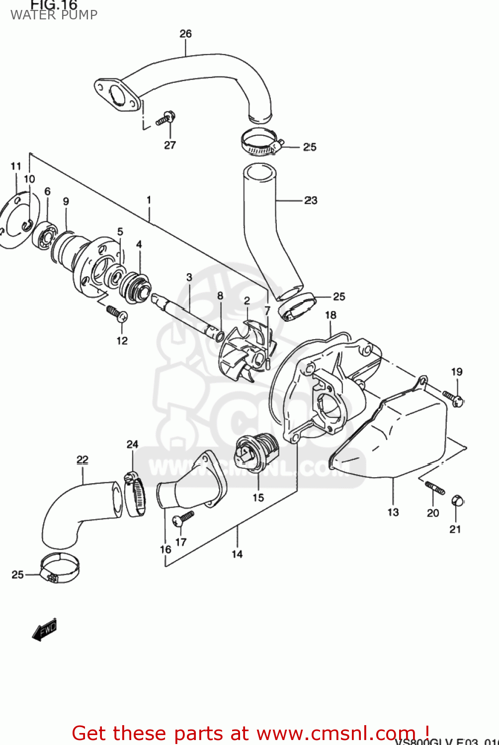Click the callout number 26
[x=185, y=34]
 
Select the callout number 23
[x=311, y=200]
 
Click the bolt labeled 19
[x=453, y=398]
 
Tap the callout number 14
[x=237, y=554]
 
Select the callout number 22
[x=83, y=460]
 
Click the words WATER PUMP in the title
[x=54, y=15]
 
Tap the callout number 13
[x=393, y=512]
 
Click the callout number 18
[x=331, y=315]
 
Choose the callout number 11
[x=16, y=166]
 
